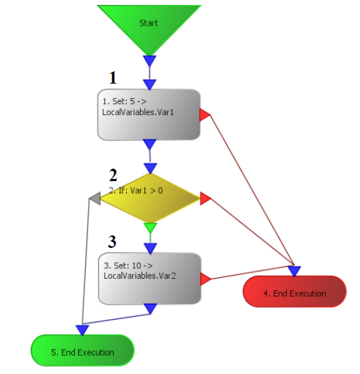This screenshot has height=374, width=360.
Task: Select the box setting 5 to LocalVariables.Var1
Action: pos(149,114)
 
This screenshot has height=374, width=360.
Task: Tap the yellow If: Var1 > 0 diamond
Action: pos(150,198)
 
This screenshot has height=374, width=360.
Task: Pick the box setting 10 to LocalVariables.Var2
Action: pos(150,279)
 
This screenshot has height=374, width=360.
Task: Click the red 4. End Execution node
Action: pos(295,291)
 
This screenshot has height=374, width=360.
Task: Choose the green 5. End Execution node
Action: pos(83,351)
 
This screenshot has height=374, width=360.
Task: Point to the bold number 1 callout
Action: pos(113,78)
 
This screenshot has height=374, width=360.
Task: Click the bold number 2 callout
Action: pos(113,175)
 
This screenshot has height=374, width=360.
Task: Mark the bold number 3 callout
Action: pos(112,241)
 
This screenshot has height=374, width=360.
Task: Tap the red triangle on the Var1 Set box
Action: pos(205,115)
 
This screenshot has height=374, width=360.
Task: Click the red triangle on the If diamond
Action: pos(205,199)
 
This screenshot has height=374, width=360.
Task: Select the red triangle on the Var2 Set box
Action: pos(205,279)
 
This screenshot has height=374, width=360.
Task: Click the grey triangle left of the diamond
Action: pos(95,198)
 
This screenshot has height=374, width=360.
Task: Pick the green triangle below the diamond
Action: pos(150,228)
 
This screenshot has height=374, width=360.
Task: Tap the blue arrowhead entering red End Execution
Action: pos(294,271)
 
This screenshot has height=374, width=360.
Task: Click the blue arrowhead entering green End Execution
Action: pos(82,330)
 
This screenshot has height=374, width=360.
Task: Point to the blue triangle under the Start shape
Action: pos(150,61)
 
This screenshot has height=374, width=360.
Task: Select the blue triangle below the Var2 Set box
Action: pos(150,309)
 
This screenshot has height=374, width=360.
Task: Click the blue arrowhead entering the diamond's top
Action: pos(150,169)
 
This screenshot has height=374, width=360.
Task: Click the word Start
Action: pos(149,23)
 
